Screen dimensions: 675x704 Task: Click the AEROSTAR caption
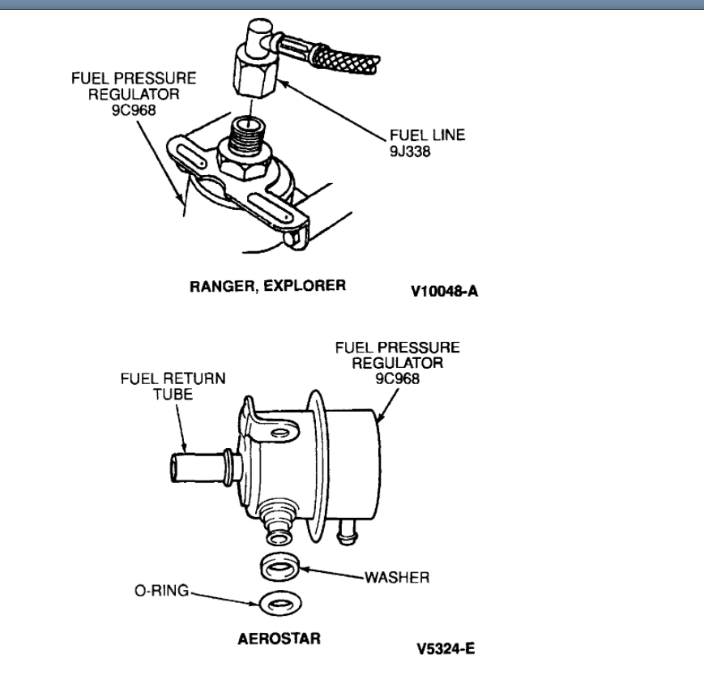click(279, 638)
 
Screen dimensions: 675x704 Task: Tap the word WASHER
click(396, 578)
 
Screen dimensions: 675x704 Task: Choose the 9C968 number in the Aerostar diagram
click(398, 378)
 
